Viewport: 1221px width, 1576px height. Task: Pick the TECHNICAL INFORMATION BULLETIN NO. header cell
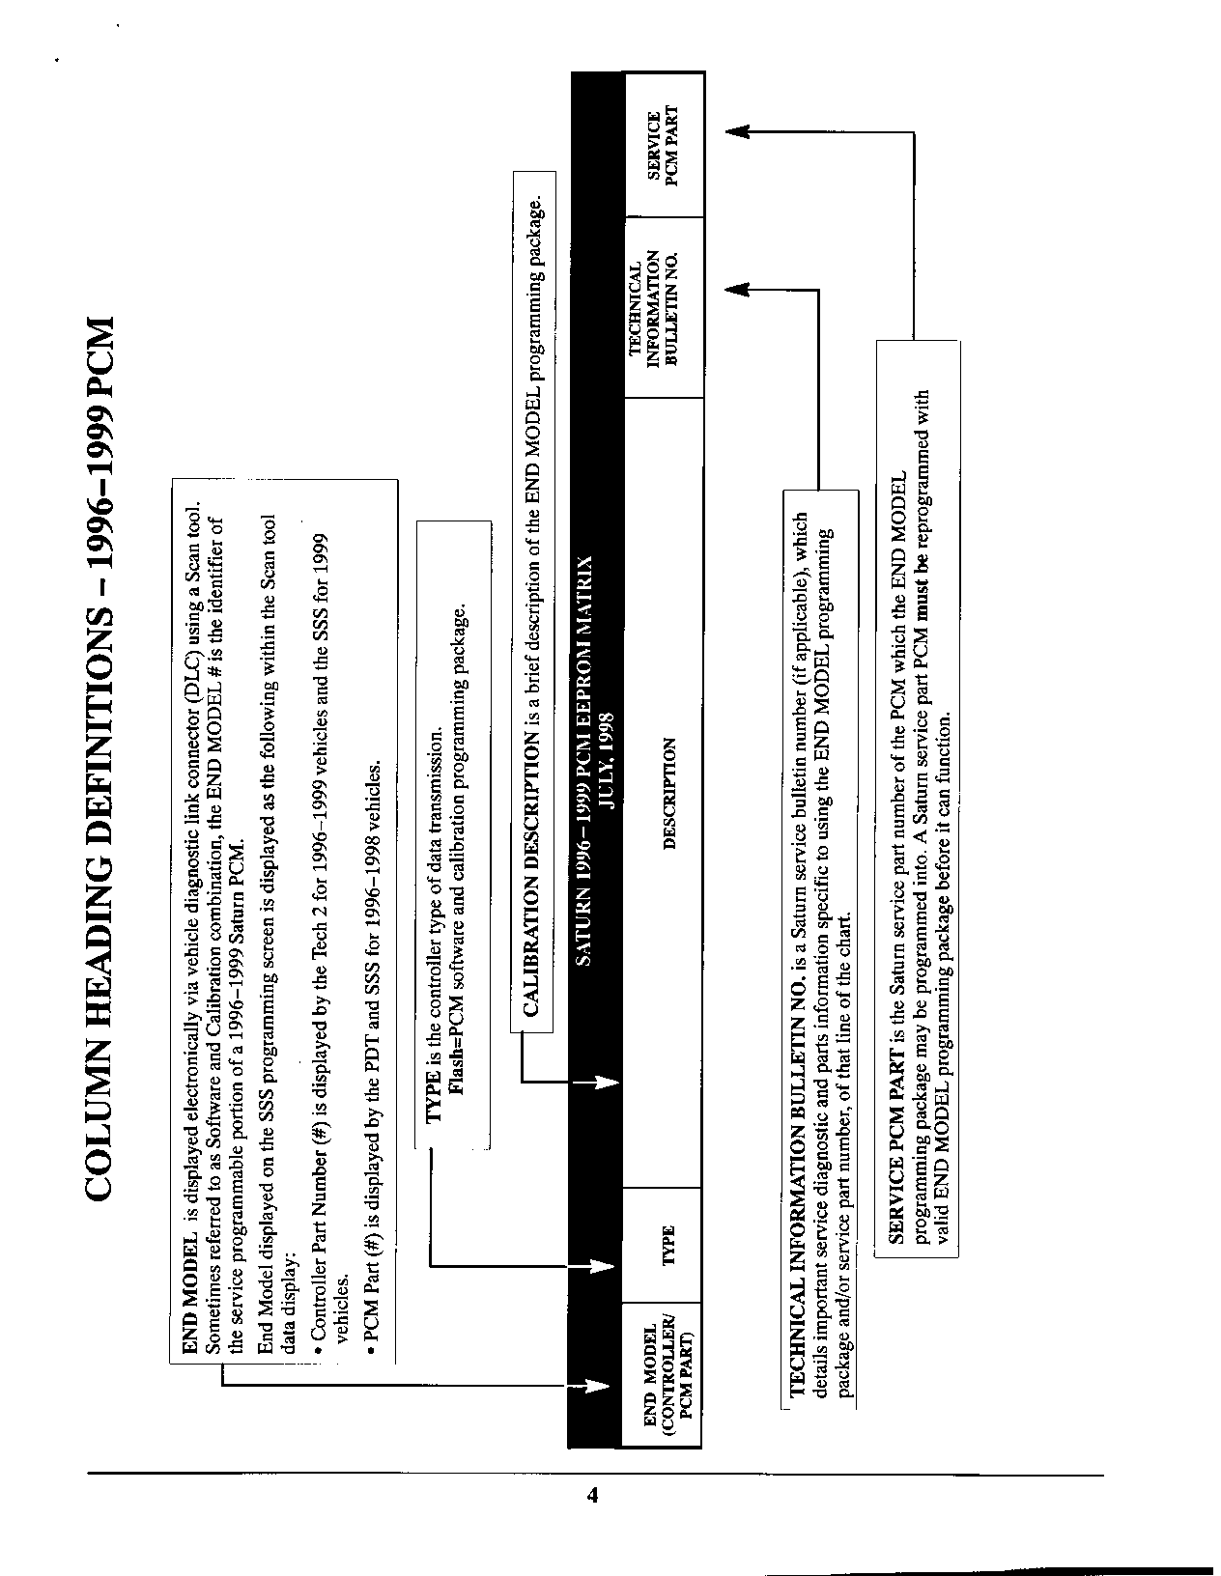pos(663,308)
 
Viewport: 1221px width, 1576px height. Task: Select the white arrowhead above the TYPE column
pos(604,1264)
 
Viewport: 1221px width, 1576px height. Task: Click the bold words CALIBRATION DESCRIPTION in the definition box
pos(530,875)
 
